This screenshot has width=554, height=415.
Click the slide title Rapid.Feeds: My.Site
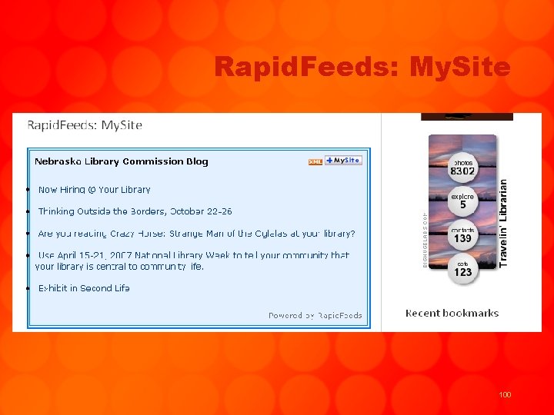pos(362,68)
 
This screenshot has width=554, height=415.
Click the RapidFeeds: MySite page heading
pos(85,125)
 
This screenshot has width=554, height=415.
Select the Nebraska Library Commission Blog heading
pos(122,161)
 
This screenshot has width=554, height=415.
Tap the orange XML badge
pos(315,161)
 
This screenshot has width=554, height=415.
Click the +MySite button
pos(343,161)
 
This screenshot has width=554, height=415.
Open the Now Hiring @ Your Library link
pos(94,190)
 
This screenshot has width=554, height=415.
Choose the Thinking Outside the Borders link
pos(135,211)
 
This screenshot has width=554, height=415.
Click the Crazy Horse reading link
pos(196,234)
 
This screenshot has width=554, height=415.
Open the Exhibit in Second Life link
pos(84,288)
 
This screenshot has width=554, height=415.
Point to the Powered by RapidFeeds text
pos(315,315)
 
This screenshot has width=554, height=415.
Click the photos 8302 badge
pos(462,168)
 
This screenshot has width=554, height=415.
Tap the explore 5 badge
pos(462,201)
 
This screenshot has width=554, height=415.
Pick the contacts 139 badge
pos(462,235)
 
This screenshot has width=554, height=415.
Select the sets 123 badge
pos(462,269)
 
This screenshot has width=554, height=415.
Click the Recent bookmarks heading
pos(452,314)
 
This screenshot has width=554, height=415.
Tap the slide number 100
pos(505,394)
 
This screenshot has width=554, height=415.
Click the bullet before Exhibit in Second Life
pos(28,288)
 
